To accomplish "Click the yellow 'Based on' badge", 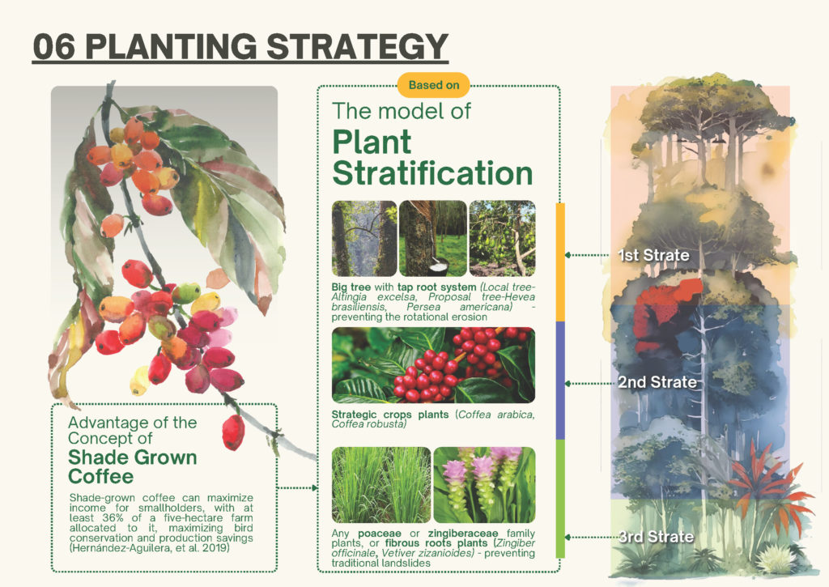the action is pyautogui.click(x=434, y=85).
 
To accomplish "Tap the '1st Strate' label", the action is pyautogui.click(x=654, y=255).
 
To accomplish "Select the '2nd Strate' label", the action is pyautogui.click(x=657, y=382).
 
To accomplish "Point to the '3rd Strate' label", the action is pyautogui.click(x=656, y=537).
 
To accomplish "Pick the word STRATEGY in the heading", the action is pyautogui.click(x=357, y=46).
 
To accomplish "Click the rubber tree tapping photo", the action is pyautogui.click(x=433, y=239).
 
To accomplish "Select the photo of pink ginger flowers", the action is pyautogui.click(x=484, y=485).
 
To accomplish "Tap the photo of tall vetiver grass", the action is pyautogui.click(x=381, y=485).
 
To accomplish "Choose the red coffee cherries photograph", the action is pyautogui.click(x=434, y=365).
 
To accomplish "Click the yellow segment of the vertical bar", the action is pyautogui.click(x=560, y=262).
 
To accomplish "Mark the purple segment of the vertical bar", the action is pyautogui.click(x=560, y=381).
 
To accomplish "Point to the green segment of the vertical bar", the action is pyautogui.click(x=560, y=499).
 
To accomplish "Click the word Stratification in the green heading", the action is pyautogui.click(x=432, y=173).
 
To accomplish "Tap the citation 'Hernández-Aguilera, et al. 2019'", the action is pyautogui.click(x=149, y=548).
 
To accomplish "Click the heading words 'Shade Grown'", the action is pyautogui.click(x=132, y=457).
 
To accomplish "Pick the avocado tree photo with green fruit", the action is pyautogui.click(x=502, y=239).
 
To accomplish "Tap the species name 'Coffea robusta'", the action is pyautogui.click(x=368, y=424).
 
